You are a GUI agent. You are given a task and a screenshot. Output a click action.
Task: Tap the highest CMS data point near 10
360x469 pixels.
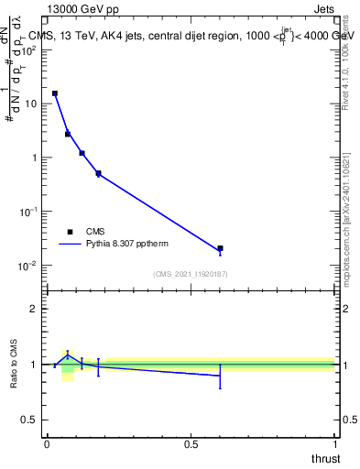[55, 93]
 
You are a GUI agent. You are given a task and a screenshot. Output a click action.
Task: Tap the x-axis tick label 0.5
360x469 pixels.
[191, 444]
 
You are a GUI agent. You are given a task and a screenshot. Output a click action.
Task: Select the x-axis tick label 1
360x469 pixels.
[334, 444]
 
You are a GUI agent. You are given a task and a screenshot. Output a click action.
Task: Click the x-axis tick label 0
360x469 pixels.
[47, 444]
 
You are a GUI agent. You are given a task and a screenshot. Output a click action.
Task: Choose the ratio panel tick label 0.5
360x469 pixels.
[27, 420]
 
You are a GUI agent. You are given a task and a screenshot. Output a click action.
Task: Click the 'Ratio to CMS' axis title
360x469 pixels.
[14, 364]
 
